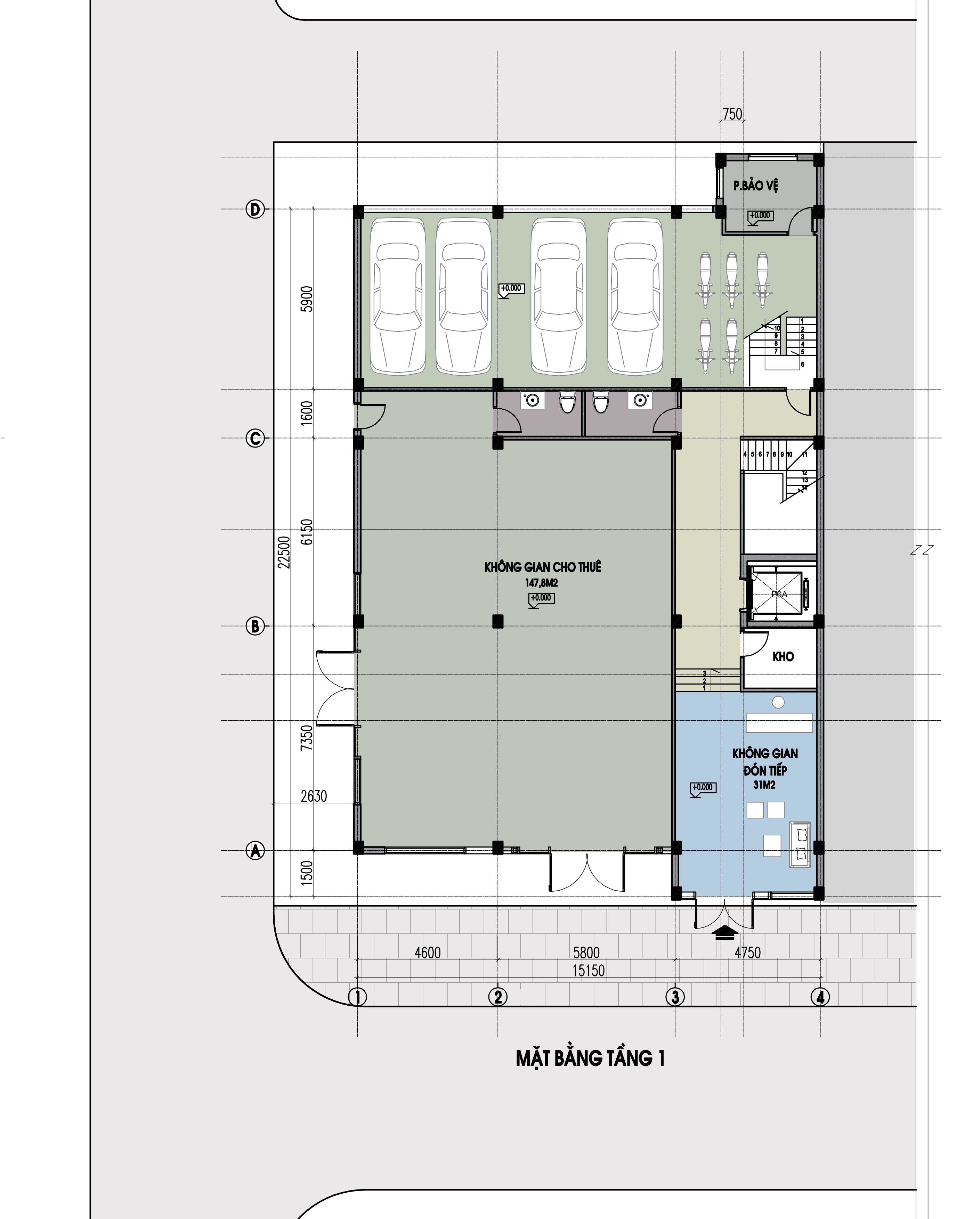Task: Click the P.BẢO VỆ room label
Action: tap(756, 186)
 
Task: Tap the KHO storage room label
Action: tap(783, 656)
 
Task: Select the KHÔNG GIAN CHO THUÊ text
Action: tap(543, 567)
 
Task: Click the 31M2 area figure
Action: tap(764, 785)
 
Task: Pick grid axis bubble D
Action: tap(255, 210)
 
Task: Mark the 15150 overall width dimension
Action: tap(588, 971)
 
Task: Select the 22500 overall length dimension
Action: tap(284, 553)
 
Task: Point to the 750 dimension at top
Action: tap(732, 114)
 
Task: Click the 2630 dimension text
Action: tap(314, 796)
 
